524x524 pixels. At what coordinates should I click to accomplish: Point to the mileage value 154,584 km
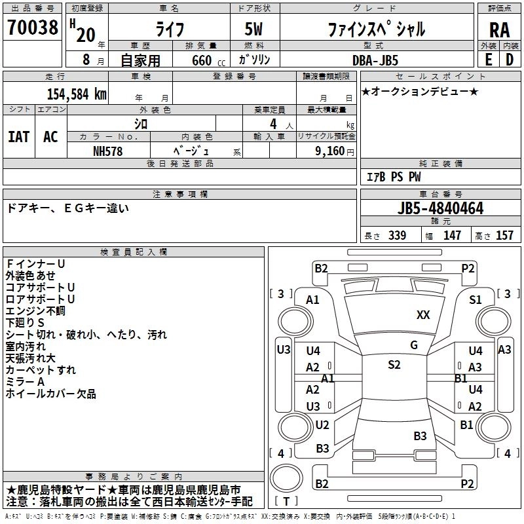(76, 94)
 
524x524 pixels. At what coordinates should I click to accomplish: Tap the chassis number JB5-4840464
(440, 209)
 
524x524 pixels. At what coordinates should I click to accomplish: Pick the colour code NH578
(108, 151)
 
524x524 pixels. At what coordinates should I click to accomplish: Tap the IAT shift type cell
(18, 137)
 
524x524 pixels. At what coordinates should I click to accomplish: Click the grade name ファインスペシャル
(377, 29)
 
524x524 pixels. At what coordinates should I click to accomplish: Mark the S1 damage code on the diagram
(476, 300)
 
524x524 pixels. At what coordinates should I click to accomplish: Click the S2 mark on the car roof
(394, 365)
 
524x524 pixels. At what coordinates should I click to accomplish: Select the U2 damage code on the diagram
(322, 425)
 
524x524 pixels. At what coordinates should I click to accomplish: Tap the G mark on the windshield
(414, 345)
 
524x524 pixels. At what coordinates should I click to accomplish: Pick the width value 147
(452, 235)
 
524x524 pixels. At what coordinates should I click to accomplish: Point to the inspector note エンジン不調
(35, 311)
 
